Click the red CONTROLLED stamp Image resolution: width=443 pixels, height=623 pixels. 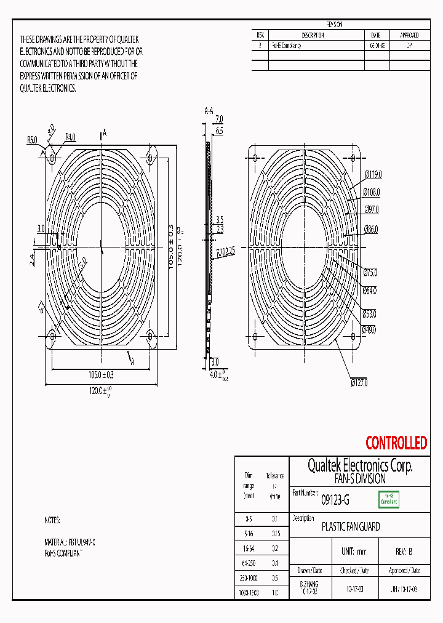[396, 443]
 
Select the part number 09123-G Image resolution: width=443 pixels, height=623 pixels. [335, 500]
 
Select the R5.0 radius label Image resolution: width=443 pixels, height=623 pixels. [32, 140]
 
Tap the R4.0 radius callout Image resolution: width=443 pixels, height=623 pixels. [70, 137]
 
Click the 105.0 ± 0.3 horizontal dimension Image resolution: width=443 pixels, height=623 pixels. [101, 374]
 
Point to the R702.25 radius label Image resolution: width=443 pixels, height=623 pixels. [226, 251]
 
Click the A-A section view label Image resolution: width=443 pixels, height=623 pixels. [209, 111]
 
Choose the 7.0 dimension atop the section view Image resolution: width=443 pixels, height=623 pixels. [218, 119]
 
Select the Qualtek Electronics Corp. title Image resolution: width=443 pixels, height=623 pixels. [360, 465]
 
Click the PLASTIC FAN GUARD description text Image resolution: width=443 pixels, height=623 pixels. [351, 527]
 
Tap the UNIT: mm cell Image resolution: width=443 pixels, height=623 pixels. [353, 552]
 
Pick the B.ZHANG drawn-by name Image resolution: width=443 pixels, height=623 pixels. [309, 584]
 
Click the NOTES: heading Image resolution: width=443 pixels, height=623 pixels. [52, 520]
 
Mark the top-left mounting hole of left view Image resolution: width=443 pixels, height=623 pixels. [53, 158]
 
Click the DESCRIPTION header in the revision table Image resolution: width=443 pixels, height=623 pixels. [313, 35]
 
